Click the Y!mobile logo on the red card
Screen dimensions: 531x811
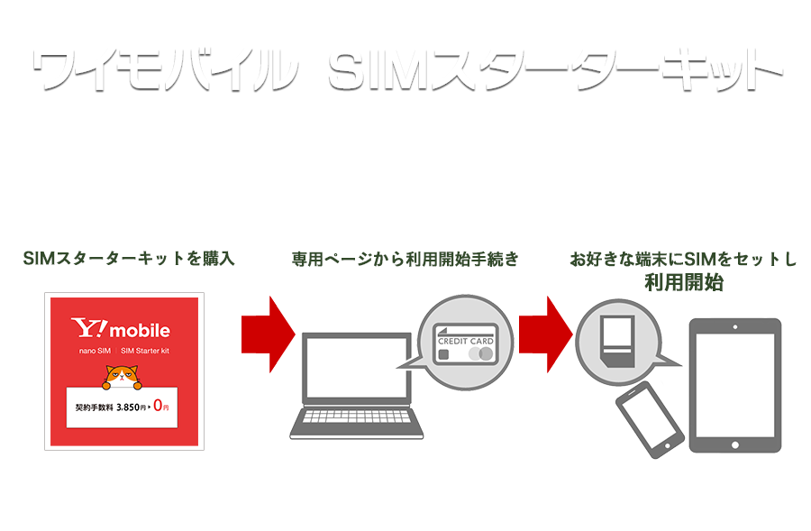point(121,330)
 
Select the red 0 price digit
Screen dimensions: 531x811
point(157,406)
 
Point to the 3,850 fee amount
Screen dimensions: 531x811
point(131,407)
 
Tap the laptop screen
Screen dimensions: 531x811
point(354,371)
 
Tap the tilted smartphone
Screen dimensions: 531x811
point(647,420)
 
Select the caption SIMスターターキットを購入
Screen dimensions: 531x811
point(128,260)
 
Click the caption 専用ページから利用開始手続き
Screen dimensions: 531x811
point(405,260)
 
